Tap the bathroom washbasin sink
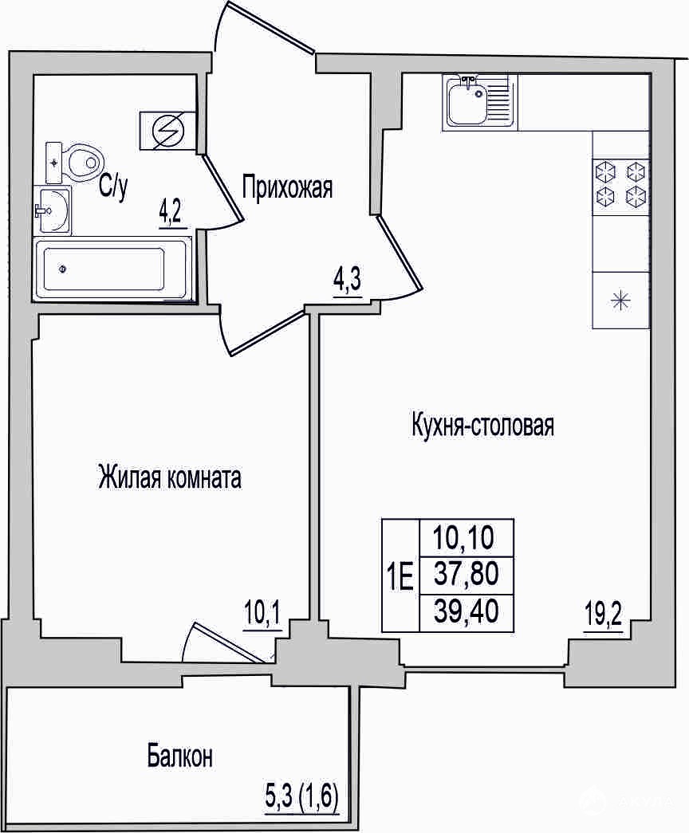click(x=52, y=210)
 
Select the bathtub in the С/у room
click(x=112, y=269)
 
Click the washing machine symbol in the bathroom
click(x=167, y=131)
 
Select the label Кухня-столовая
click(x=482, y=426)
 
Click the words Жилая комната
click(x=170, y=477)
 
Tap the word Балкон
click(x=180, y=756)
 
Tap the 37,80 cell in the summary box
click(x=467, y=574)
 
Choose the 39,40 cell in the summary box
click(x=467, y=612)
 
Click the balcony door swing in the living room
click(x=221, y=643)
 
